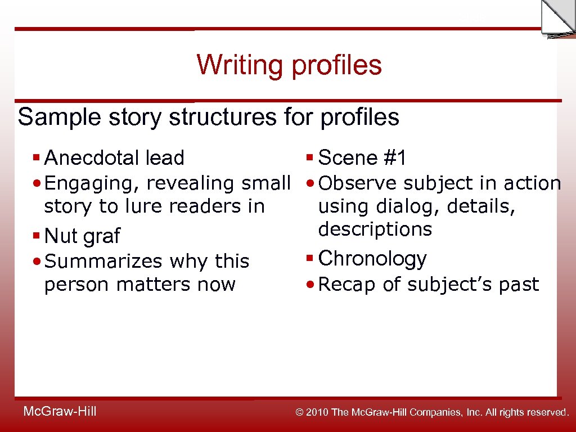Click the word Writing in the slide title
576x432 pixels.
click(x=240, y=65)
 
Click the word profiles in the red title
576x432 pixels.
click(x=336, y=65)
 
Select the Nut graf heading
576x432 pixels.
click(x=82, y=236)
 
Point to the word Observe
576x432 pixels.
click(x=358, y=183)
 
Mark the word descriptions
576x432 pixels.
click(x=375, y=229)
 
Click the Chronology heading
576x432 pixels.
click(x=372, y=259)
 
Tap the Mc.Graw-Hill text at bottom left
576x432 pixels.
click(x=60, y=412)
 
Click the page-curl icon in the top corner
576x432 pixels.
click(x=557, y=18)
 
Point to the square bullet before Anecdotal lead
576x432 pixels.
click(x=37, y=158)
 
